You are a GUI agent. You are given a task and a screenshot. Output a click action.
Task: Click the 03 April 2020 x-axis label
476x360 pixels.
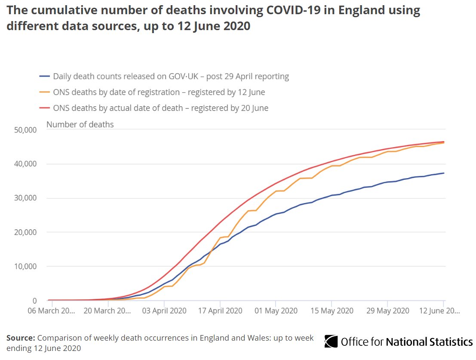(164, 311)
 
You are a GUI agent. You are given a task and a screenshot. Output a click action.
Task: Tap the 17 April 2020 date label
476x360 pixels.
(220, 311)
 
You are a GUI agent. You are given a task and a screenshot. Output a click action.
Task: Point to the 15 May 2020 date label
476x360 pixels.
(332, 311)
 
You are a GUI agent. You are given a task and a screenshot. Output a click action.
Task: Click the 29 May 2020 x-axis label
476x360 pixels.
(387, 311)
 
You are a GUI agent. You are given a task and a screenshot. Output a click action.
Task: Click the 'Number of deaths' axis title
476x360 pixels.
(80, 125)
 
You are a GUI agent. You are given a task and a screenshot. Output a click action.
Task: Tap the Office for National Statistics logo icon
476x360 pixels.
(331, 342)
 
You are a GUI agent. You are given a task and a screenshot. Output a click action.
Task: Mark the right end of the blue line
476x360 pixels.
(444, 173)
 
